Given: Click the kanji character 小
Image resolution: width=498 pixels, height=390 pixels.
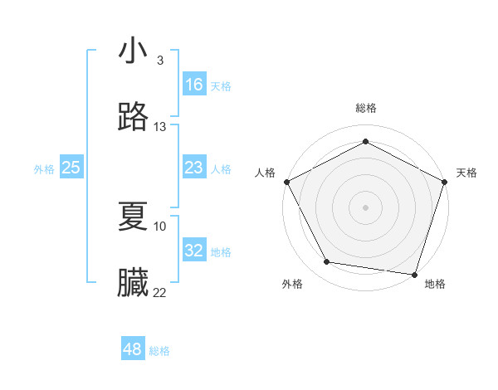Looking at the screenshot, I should (x=134, y=51).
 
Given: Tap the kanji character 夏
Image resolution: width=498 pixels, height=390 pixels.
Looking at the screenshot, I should (x=134, y=216).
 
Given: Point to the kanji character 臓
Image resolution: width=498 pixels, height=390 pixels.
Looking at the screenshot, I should (x=134, y=282).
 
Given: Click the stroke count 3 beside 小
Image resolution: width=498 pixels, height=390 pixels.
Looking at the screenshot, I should (x=160, y=61).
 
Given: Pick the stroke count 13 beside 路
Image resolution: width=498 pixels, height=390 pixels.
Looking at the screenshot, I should (x=160, y=127).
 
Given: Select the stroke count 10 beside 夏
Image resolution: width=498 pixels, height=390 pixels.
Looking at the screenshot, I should (x=160, y=226).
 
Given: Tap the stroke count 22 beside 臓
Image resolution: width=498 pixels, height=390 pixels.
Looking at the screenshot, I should (x=160, y=292).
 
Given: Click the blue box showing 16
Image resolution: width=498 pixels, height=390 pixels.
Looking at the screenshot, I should (x=194, y=85).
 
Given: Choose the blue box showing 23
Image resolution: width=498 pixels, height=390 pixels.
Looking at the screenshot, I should (x=194, y=168).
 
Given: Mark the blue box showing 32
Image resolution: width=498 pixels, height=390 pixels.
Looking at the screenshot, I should (x=194, y=251).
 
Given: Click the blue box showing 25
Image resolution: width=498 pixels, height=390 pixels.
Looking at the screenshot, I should (x=71, y=168).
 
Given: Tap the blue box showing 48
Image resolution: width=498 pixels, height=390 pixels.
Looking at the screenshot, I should (x=133, y=349).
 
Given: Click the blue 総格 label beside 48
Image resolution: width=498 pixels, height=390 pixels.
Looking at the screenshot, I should (x=159, y=351).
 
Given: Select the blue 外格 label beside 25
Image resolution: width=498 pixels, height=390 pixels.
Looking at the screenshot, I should (x=44, y=169).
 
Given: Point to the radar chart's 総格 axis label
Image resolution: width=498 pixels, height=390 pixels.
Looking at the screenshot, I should (x=365, y=109).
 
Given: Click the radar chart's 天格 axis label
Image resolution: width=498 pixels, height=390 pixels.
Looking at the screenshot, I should (x=466, y=173).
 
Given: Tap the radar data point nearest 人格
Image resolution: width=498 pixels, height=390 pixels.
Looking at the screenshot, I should (x=286, y=181).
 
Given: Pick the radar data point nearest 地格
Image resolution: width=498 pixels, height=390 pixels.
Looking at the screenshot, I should (x=414, y=274).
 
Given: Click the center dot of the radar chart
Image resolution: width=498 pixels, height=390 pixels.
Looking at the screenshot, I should (x=365, y=207).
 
